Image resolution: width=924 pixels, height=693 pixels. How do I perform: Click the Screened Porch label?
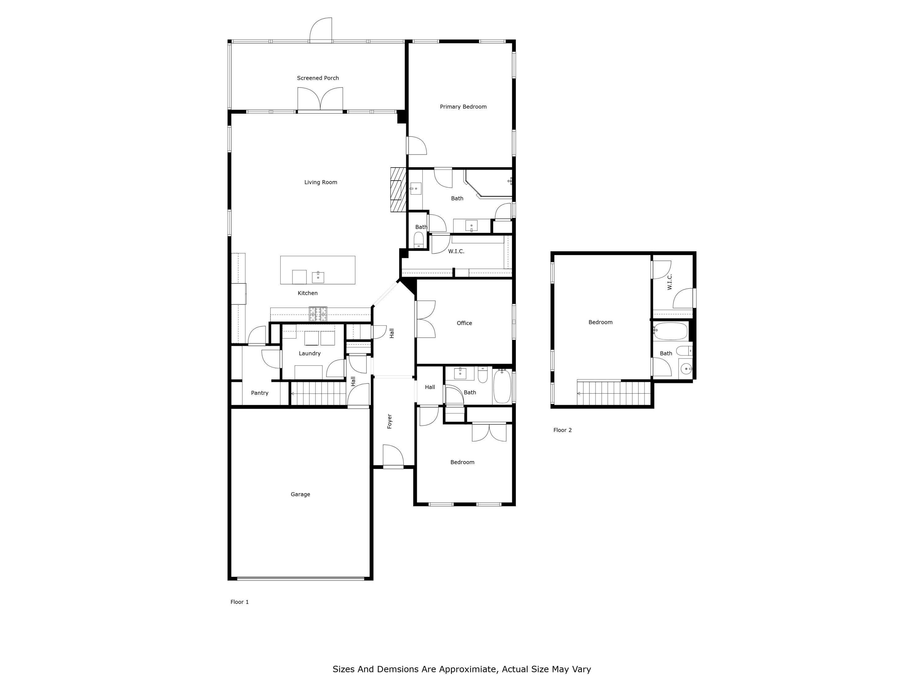point(318,78)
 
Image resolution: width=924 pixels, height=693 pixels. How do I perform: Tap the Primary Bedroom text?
point(463,107)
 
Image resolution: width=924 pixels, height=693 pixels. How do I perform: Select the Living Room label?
point(321,182)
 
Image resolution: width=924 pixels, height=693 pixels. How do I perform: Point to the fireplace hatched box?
point(399,190)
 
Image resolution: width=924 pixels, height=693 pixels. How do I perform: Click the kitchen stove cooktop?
point(318,314)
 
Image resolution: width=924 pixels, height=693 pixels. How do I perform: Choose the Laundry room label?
point(310,353)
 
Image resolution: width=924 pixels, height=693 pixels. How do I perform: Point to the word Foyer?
point(390,421)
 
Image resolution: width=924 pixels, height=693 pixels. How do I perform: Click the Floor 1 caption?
point(240,602)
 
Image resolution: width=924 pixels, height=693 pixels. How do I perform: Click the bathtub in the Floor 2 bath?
point(671,331)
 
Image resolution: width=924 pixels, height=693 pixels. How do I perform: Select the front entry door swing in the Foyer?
point(393,455)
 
